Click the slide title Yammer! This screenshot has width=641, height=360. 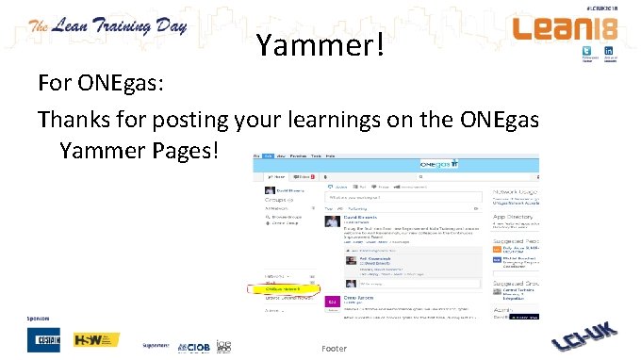320,43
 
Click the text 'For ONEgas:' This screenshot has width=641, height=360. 102,83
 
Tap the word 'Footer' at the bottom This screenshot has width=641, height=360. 334,349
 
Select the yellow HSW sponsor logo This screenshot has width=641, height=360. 97,338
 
